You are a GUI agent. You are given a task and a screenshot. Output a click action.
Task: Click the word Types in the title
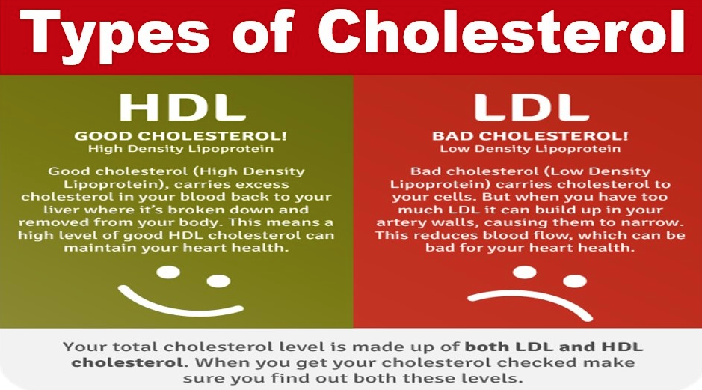point(114,34)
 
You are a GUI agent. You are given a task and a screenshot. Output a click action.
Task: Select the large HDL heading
point(182,108)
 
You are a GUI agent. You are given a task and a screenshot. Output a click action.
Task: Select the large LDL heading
point(531,108)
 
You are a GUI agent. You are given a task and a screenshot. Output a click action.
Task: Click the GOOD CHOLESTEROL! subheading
point(181,135)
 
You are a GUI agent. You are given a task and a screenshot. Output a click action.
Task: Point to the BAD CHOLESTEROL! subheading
point(530,135)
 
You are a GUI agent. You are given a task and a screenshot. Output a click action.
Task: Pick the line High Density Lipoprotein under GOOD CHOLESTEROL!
point(181,149)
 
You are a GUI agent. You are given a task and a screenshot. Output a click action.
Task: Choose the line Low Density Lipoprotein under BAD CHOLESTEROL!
point(530,149)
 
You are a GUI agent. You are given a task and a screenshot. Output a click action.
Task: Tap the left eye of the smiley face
point(168,272)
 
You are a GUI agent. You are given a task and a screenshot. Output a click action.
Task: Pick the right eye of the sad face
point(575,281)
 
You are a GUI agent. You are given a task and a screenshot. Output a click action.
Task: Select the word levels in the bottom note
point(494,378)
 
